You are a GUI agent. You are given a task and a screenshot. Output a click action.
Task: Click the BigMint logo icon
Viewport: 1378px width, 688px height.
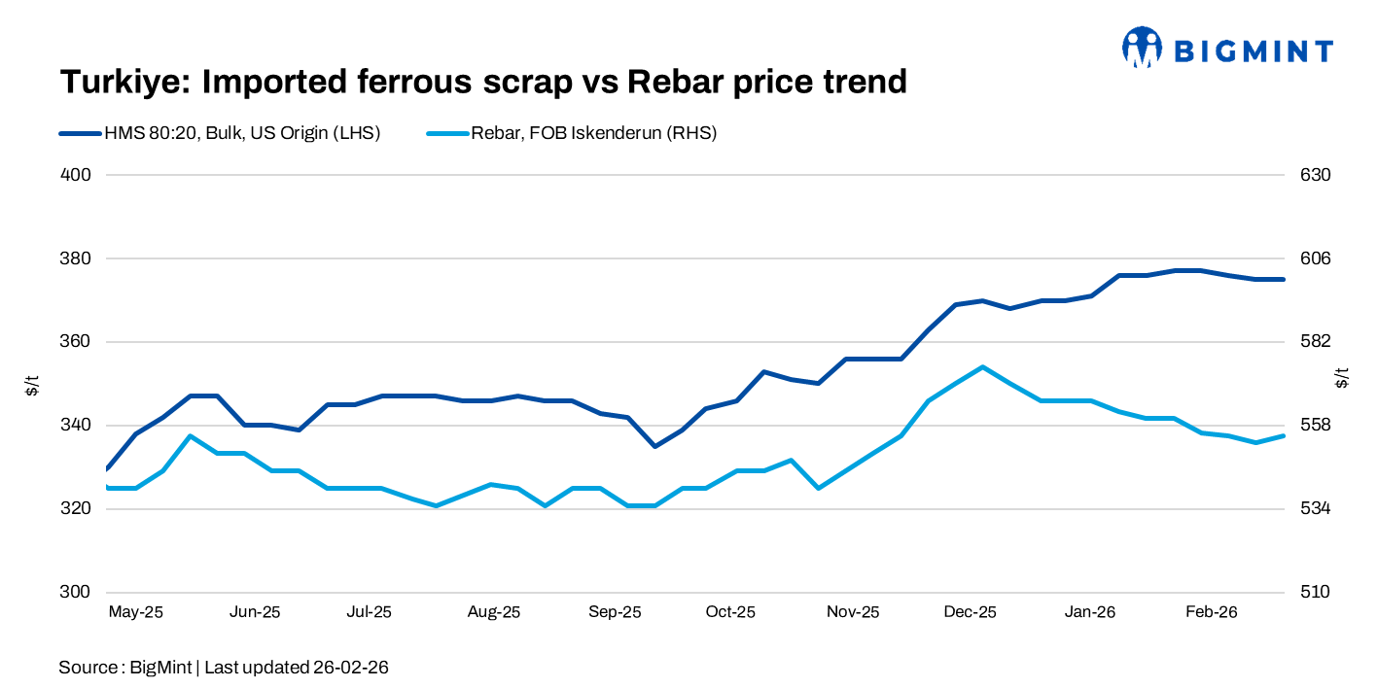point(1142,47)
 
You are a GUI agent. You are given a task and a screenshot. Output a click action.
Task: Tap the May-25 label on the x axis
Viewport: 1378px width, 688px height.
point(135,613)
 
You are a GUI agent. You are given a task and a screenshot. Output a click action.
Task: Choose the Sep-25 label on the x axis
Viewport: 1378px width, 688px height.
point(616,613)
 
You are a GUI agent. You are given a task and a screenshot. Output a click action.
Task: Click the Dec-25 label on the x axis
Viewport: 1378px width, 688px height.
point(971,613)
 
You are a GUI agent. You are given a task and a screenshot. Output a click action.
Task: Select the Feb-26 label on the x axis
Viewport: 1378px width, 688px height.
point(1212,613)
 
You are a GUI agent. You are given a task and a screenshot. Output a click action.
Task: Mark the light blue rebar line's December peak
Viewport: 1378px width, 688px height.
point(983,367)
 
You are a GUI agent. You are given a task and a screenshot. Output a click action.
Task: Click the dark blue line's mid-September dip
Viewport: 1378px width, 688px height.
point(654,446)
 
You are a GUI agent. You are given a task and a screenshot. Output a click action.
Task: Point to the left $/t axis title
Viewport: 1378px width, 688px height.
point(32,384)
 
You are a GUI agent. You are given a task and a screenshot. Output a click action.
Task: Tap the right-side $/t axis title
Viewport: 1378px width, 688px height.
point(1342,379)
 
